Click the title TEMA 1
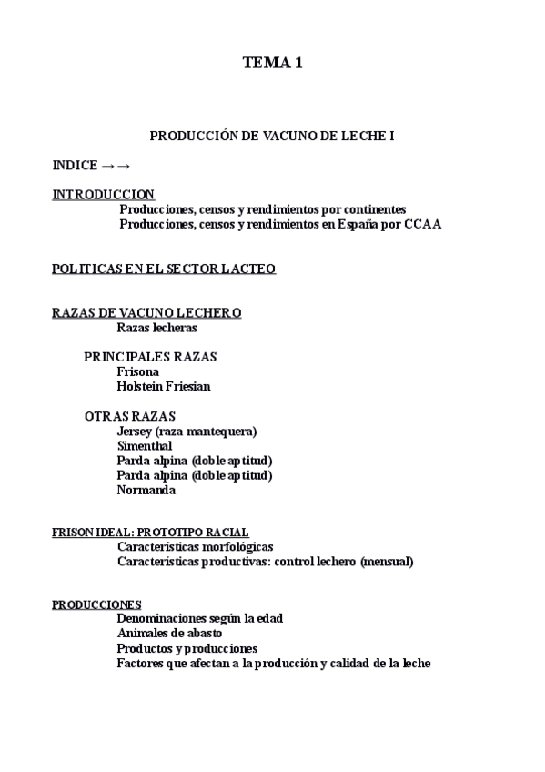pyautogui.click(x=272, y=63)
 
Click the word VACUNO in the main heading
pyautogui.click(x=288, y=136)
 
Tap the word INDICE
pyautogui.click(x=75, y=166)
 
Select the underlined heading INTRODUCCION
pyautogui.click(x=103, y=195)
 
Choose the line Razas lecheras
pyautogui.click(x=156, y=328)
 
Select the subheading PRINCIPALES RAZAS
pyautogui.click(x=149, y=357)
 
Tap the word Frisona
pyautogui.click(x=138, y=371)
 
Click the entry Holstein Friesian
pyautogui.click(x=164, y=386)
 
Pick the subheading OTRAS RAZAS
pyautogui.click(x=130, y=416)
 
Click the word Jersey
pyautogui.click(x=134, y=431)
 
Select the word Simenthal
pyautogui.click(x=145, y=446)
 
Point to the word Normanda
pyautogui.click(x=146, y=490)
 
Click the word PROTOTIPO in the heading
pyautogui.click(x=172, y=533)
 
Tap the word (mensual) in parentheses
pyautogui.click(x=386, y=562)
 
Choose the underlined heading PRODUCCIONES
pyautogui.click(x=96, y=604)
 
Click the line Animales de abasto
pyautogui.click(x=169, y=633)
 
